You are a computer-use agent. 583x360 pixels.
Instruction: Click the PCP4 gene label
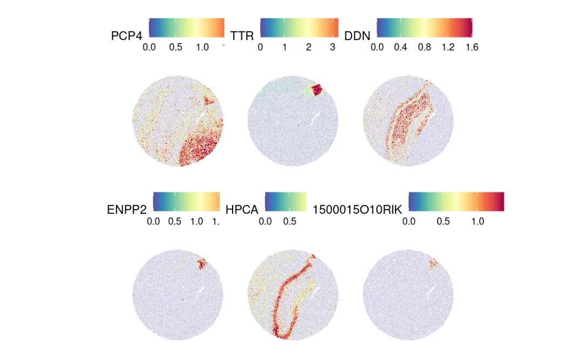[x=127, y=36]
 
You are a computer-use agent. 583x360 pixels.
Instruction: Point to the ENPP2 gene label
[x=127, y=209]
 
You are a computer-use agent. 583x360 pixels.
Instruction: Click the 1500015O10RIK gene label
[x=358, y=209]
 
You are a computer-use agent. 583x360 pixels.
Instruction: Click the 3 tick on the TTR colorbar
[x=333, y=47]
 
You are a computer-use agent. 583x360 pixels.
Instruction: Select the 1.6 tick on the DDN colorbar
[x=471, y=47]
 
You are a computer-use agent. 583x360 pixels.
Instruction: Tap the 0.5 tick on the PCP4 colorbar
[x=175, y=47]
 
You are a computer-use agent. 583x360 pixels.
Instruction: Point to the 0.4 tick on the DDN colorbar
[x=400, y=47]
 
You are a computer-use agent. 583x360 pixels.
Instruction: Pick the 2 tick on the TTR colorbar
[x=309, y=47]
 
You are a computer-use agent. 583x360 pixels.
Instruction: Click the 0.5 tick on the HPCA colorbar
[x=292, y=221]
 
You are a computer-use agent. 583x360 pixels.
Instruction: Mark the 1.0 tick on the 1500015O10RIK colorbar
[x=477, y=221]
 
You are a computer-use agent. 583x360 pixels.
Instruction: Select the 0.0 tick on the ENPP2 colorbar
[x=153, y=221]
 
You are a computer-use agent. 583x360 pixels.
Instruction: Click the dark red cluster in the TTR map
[x=315, y=90]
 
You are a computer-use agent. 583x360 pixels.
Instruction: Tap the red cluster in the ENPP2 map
[x=202, y=263]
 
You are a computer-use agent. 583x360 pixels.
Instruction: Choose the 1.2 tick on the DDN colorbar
[x=448, y=47]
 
